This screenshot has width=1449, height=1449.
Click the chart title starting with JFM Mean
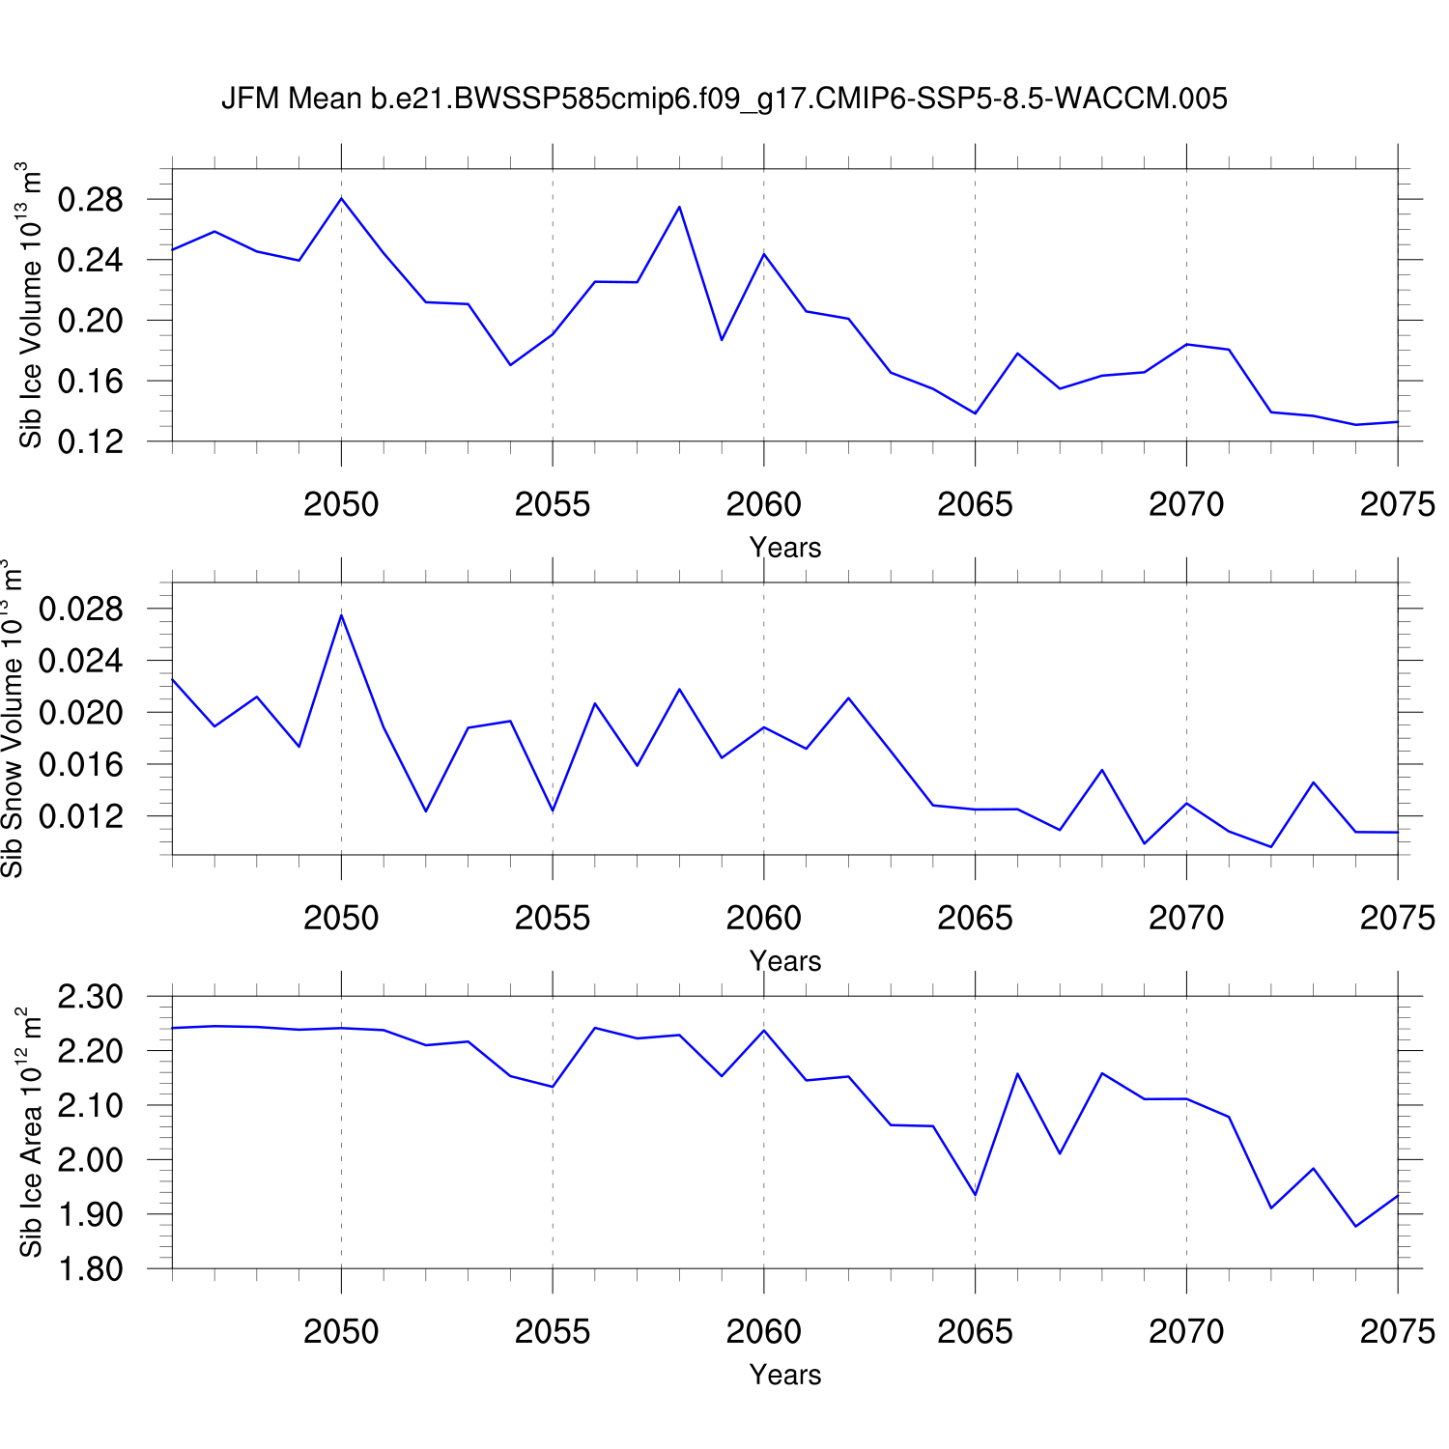tap(724, 99)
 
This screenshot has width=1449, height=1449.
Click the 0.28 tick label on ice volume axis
tap(91, 200)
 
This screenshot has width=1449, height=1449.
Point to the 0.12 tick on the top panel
tap(91, 441)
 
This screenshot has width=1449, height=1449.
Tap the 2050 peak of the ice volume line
tap(341, 198)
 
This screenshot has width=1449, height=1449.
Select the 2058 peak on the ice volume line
tap(679, 207)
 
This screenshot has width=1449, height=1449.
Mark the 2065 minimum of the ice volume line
tap(975, 413)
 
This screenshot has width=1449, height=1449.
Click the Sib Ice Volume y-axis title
tap(31, 304)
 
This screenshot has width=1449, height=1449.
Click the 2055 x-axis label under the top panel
tap(552, 504)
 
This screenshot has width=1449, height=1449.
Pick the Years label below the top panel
tap(784, 548)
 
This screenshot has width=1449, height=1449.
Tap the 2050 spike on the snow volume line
tap(341, 615)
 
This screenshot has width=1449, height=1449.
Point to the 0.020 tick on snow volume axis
tap(81, 713)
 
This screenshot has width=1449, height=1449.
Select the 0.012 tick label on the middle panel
tap(81, 816)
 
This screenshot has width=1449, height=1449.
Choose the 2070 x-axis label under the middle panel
tap(1185, 918)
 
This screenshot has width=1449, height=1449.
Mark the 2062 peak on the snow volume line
tap(848, 697)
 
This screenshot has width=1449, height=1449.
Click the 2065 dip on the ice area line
tap(975, 1195)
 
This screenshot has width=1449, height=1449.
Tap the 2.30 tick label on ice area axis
tap(91, 996)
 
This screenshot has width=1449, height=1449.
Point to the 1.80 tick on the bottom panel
tap(91, 1268)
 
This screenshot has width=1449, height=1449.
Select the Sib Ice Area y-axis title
tap(31, 1131)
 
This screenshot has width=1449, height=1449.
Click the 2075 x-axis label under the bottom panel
tap(1397, 1331)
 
